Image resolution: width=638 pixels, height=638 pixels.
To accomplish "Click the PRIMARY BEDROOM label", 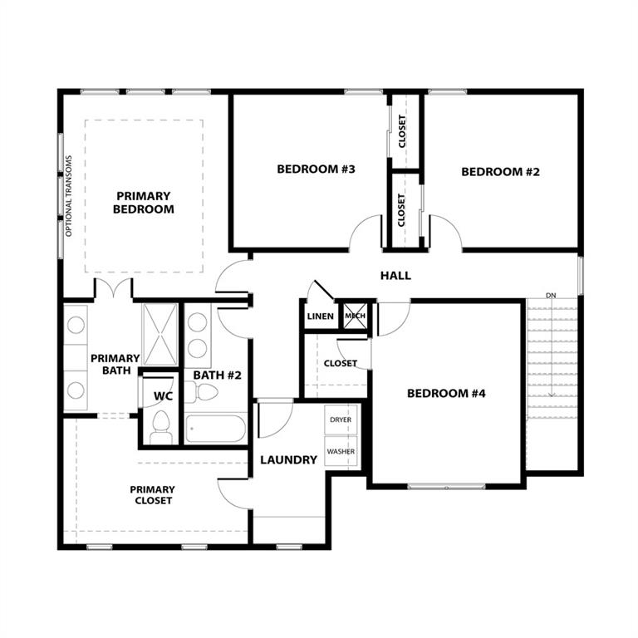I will pos(144,203).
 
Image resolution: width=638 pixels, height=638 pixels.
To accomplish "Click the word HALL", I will pos(395,276).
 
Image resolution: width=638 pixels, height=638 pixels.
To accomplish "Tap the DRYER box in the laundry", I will pos(341,420).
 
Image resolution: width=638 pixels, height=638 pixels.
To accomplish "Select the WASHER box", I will pos(341,452).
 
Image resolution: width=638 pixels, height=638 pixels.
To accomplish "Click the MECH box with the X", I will pos(355,317).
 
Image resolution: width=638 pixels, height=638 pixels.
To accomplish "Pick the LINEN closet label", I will pos(321,317).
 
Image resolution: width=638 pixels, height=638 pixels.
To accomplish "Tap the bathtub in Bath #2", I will pos(215,429).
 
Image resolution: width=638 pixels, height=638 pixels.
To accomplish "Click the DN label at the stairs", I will pos(551,296).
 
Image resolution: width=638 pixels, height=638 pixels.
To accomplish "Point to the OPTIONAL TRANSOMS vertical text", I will pos(70,196).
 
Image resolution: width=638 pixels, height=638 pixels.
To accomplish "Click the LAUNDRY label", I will pos(288,459).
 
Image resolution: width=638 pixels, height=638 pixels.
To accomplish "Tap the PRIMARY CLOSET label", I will pos(153,495).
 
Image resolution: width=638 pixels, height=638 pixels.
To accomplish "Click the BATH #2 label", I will pos(217,375).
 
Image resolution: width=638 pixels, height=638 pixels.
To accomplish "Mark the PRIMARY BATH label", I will pos(115,364).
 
